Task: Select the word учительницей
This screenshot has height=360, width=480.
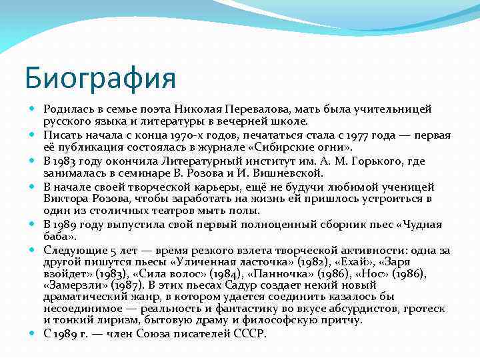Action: [x=393, y=109]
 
